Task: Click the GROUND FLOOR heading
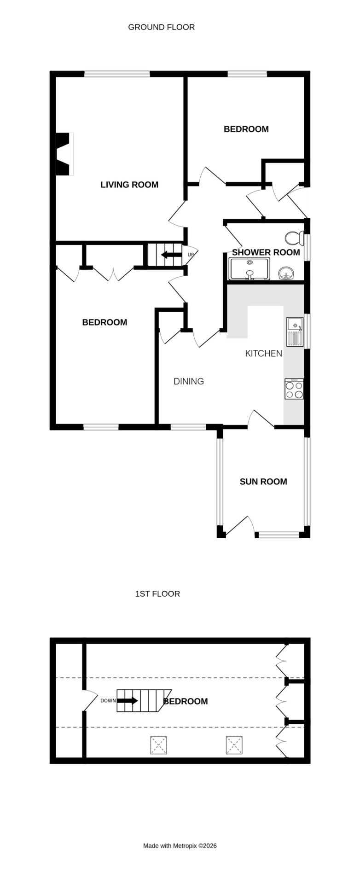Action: click(x=161, y=27)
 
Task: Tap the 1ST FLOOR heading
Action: click(x=157, y=593)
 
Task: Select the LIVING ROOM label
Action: click(x=129, y=185)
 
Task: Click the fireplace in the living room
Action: click(x=64, y=154)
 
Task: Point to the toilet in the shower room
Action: click(x=294, y=238)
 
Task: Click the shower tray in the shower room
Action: click(x=250, y=269)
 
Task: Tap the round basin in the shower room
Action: click(x=287, y=273)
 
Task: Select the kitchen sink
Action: click(x=295, y=331)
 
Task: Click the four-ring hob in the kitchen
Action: click(x=294, y=389)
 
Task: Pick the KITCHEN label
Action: click(x=263, y=354)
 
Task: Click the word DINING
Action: click(x=189, y=381)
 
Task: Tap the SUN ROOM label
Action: click(x=263, y=482)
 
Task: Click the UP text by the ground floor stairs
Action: click(x=191, y=255)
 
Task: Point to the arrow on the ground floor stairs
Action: click(x=171, y=255)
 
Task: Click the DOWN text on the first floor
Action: click(x=108, y=701)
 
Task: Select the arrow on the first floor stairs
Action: click(x=127, y=701)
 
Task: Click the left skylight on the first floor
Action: click(x=158, y=745)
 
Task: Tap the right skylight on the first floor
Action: click(x=234, y=745)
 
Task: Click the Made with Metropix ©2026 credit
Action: click(x=180, y=846)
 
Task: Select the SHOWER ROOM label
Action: click(x=266, y=252)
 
